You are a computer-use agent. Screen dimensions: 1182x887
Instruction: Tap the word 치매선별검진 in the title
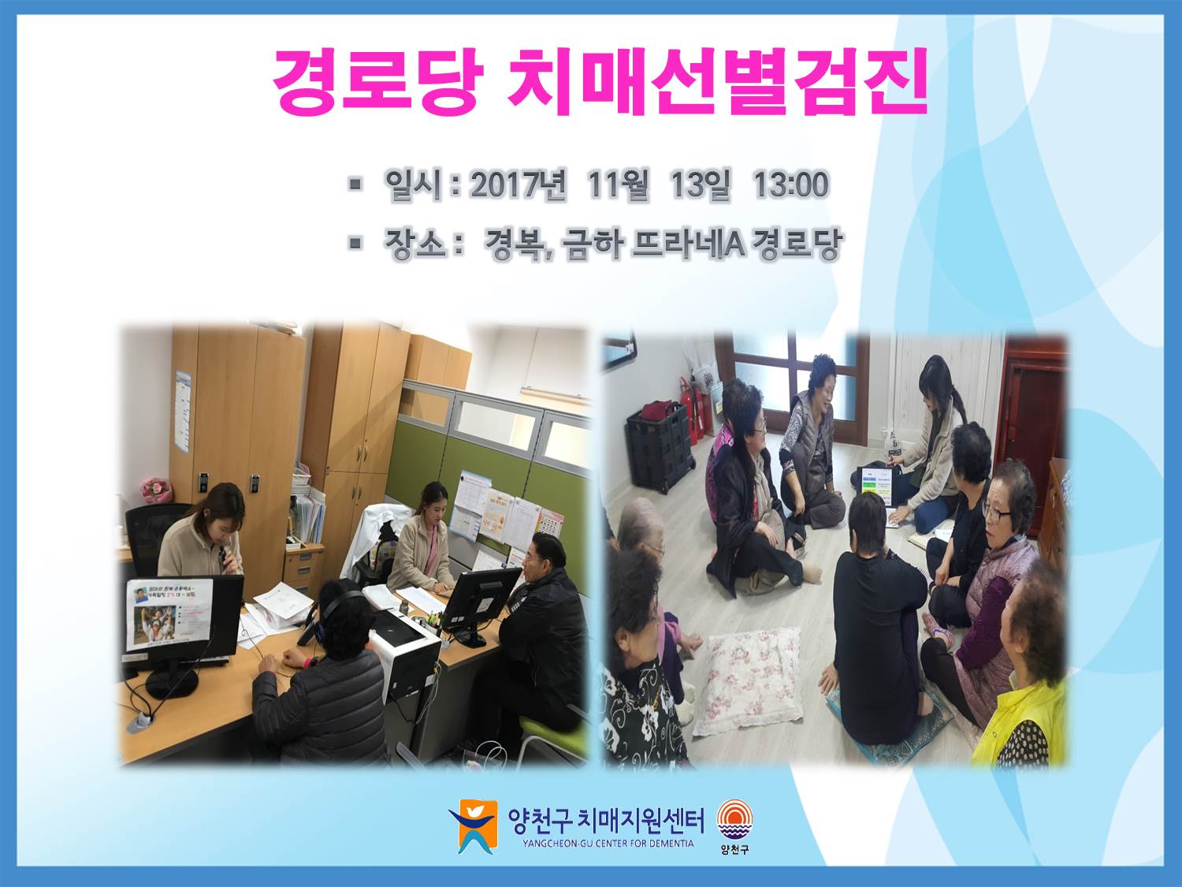(x=717, y=82)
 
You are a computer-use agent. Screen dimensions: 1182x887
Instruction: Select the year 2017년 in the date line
(x=519, y=184)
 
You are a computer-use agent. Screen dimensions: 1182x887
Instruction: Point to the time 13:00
(x=790, y=184)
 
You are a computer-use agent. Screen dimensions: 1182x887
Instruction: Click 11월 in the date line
(x=619, y=184)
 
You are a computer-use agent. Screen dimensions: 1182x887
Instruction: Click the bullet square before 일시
(x=355, y=184)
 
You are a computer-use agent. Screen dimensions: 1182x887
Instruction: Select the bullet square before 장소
(x=355, y=244)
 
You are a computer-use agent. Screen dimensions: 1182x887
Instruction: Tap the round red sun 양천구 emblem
(x=734, y=820)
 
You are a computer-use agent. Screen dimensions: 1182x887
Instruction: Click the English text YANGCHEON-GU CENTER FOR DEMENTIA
(x=608, y=844)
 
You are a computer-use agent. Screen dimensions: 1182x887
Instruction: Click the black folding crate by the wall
(x=659, y=446)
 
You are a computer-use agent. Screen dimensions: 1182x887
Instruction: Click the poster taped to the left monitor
(x=169, y=613)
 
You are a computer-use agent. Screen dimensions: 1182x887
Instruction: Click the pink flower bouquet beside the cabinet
(x=156, y=490)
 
